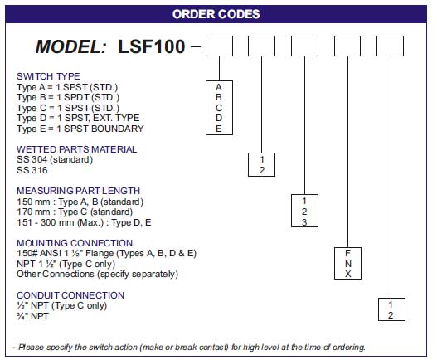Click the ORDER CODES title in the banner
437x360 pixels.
click(x=216, y=14)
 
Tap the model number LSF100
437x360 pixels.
click(x=152, y=46)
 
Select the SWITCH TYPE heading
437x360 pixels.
click(x=48, y=76)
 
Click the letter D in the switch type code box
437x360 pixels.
click(x=219, y=118)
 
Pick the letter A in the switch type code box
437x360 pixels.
click(x=219, y=87)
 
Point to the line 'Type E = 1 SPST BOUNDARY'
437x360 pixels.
click(x=80, y=129)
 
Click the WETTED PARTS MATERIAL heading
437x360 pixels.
click(x=76, y=149)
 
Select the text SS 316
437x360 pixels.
click(x=32, y=170)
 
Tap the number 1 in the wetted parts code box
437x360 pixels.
click(x=262, y=159)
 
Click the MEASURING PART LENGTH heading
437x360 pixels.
click(x=78, y=191)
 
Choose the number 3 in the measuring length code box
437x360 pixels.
click(x=304, y=222)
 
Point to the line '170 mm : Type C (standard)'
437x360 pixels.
click(x=75, y=212)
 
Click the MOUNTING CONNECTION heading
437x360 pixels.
click(x=75, y=243)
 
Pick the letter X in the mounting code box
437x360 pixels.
click(x=347, y=274)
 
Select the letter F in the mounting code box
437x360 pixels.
click(x=347, y=253)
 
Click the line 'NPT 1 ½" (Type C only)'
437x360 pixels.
click(x=66, y=264)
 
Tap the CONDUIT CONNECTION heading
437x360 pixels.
click(x=70, y=295)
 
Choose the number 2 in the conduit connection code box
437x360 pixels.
click(x=391, y=315)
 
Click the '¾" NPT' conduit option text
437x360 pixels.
click(x=32, y=316)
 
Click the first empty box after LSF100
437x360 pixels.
click(x=219, y=46)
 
